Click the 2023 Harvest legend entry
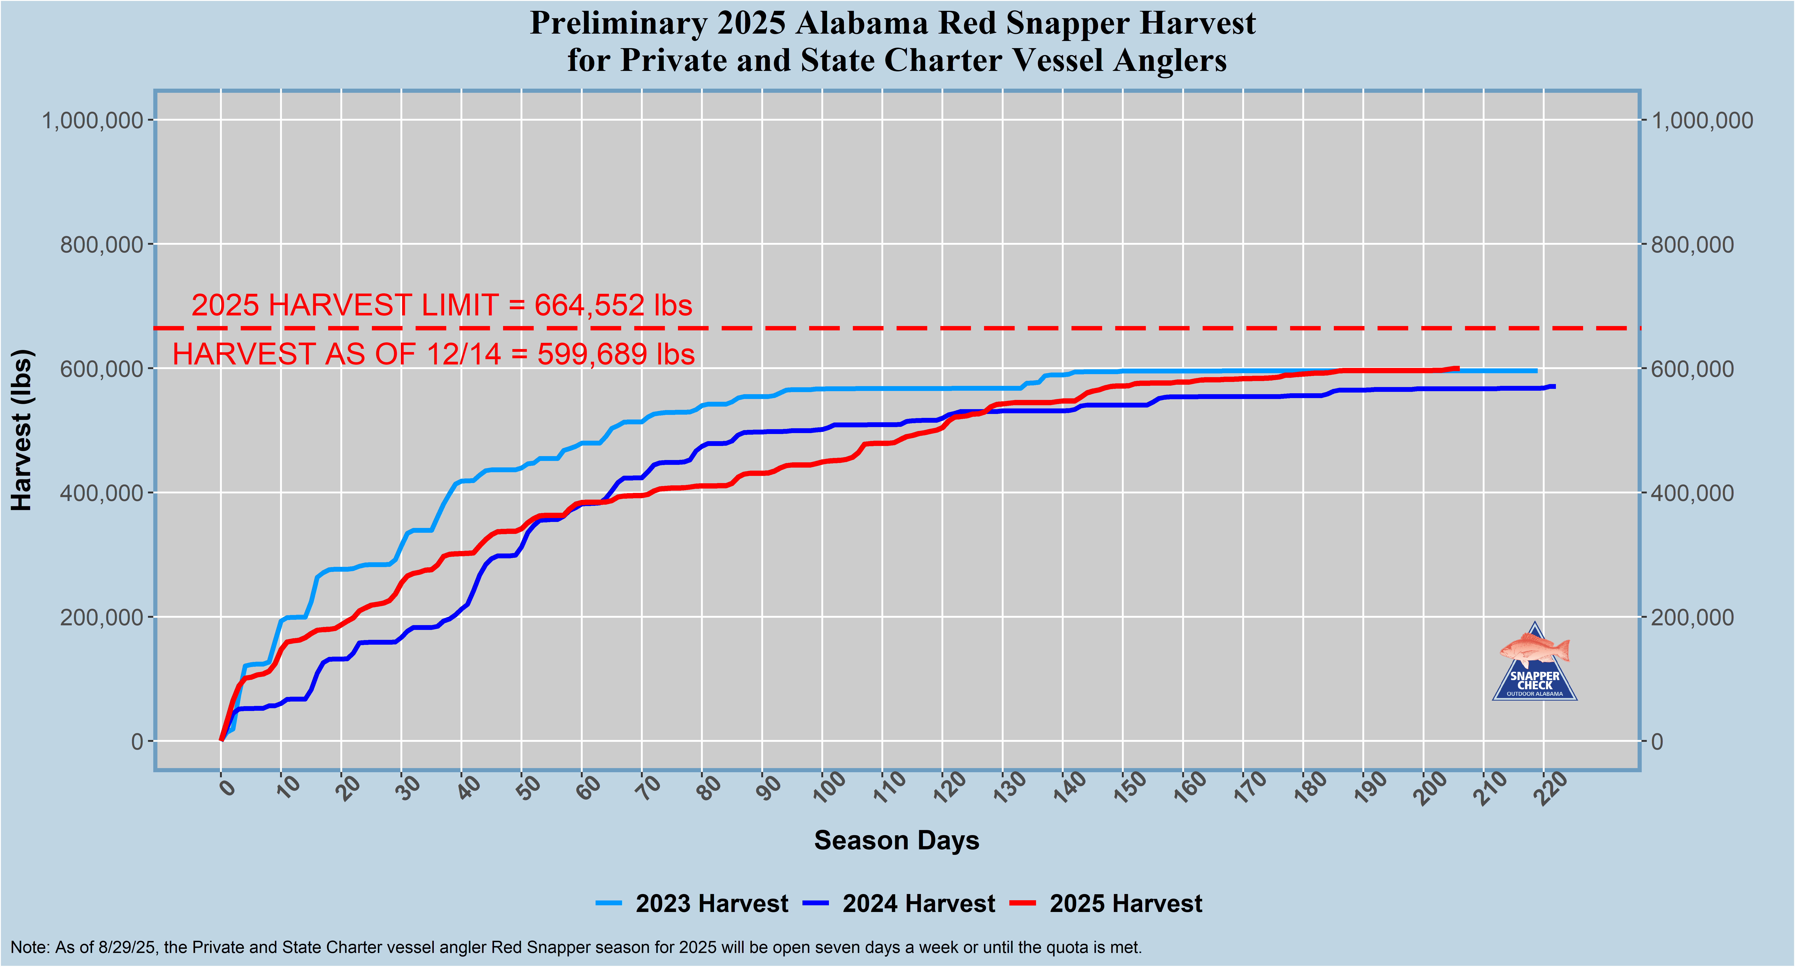(711, 903)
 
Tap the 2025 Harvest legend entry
(1125, 903)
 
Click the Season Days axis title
(897, 840)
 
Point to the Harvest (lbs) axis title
(22, 430)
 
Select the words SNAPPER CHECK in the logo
(1535, 680)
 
